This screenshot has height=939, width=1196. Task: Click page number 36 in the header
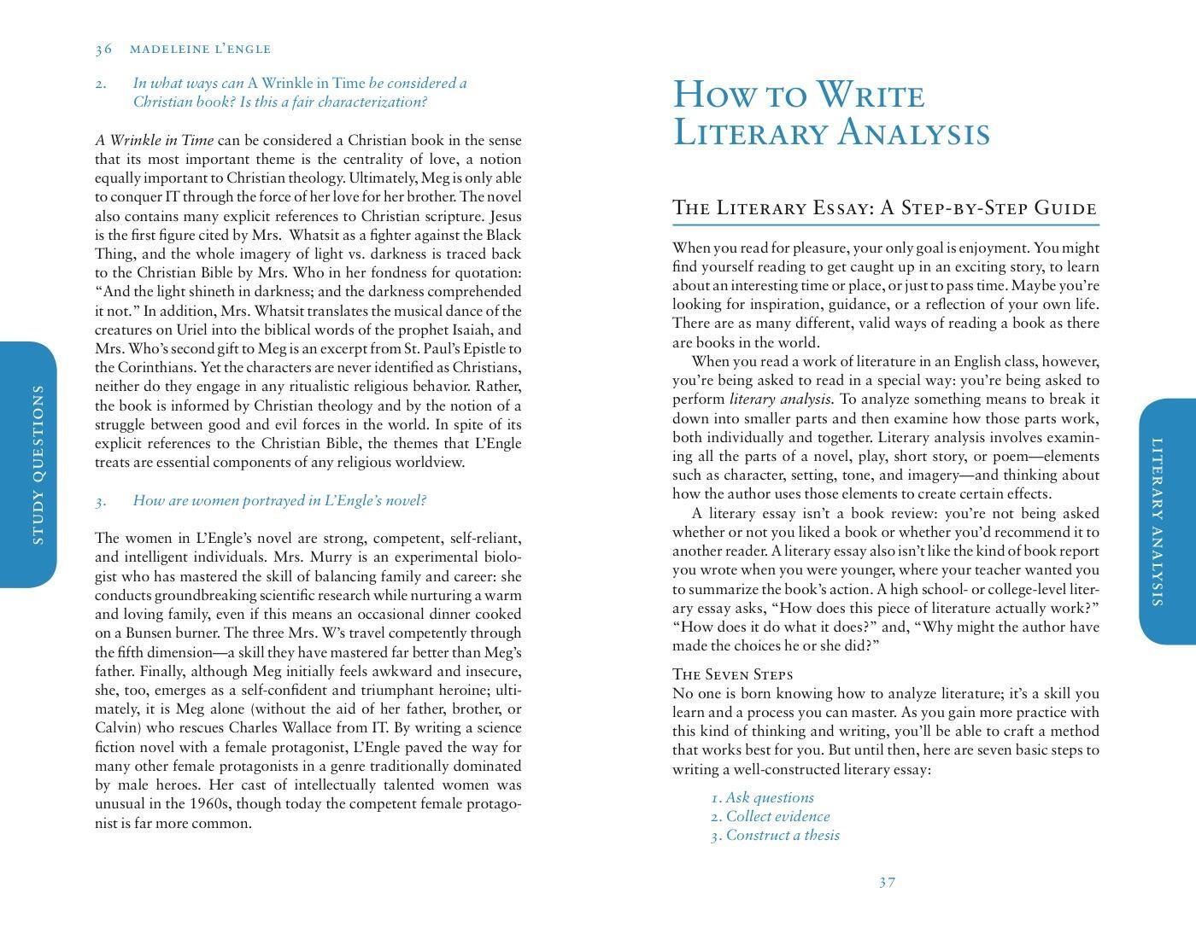(103, 50)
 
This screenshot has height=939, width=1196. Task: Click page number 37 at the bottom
(887, 882)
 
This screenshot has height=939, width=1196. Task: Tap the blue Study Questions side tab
(29, 464)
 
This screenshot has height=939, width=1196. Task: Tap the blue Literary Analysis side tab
(1166, 522)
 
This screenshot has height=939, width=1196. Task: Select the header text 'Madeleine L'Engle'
(200, 50)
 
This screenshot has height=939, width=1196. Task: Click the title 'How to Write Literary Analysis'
(831, 114)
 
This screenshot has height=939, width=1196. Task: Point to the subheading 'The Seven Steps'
(732, 674)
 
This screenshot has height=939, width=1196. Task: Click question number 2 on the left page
(101, 84)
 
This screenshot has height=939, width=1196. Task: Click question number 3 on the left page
(101, 501)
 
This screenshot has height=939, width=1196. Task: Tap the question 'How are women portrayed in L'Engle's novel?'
(279, 501)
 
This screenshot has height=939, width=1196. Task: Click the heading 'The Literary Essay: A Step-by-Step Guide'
(884, 208)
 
